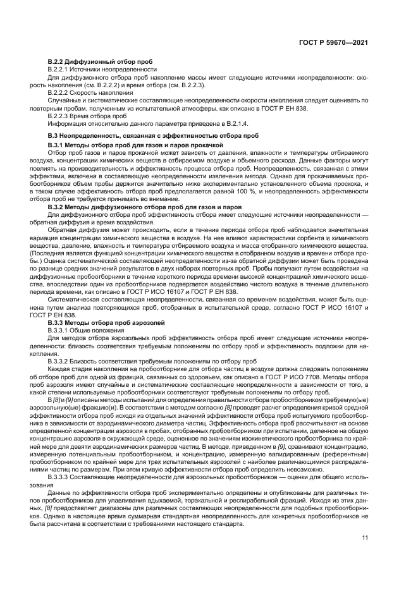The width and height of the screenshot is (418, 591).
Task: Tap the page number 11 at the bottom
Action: coord(365,538)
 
